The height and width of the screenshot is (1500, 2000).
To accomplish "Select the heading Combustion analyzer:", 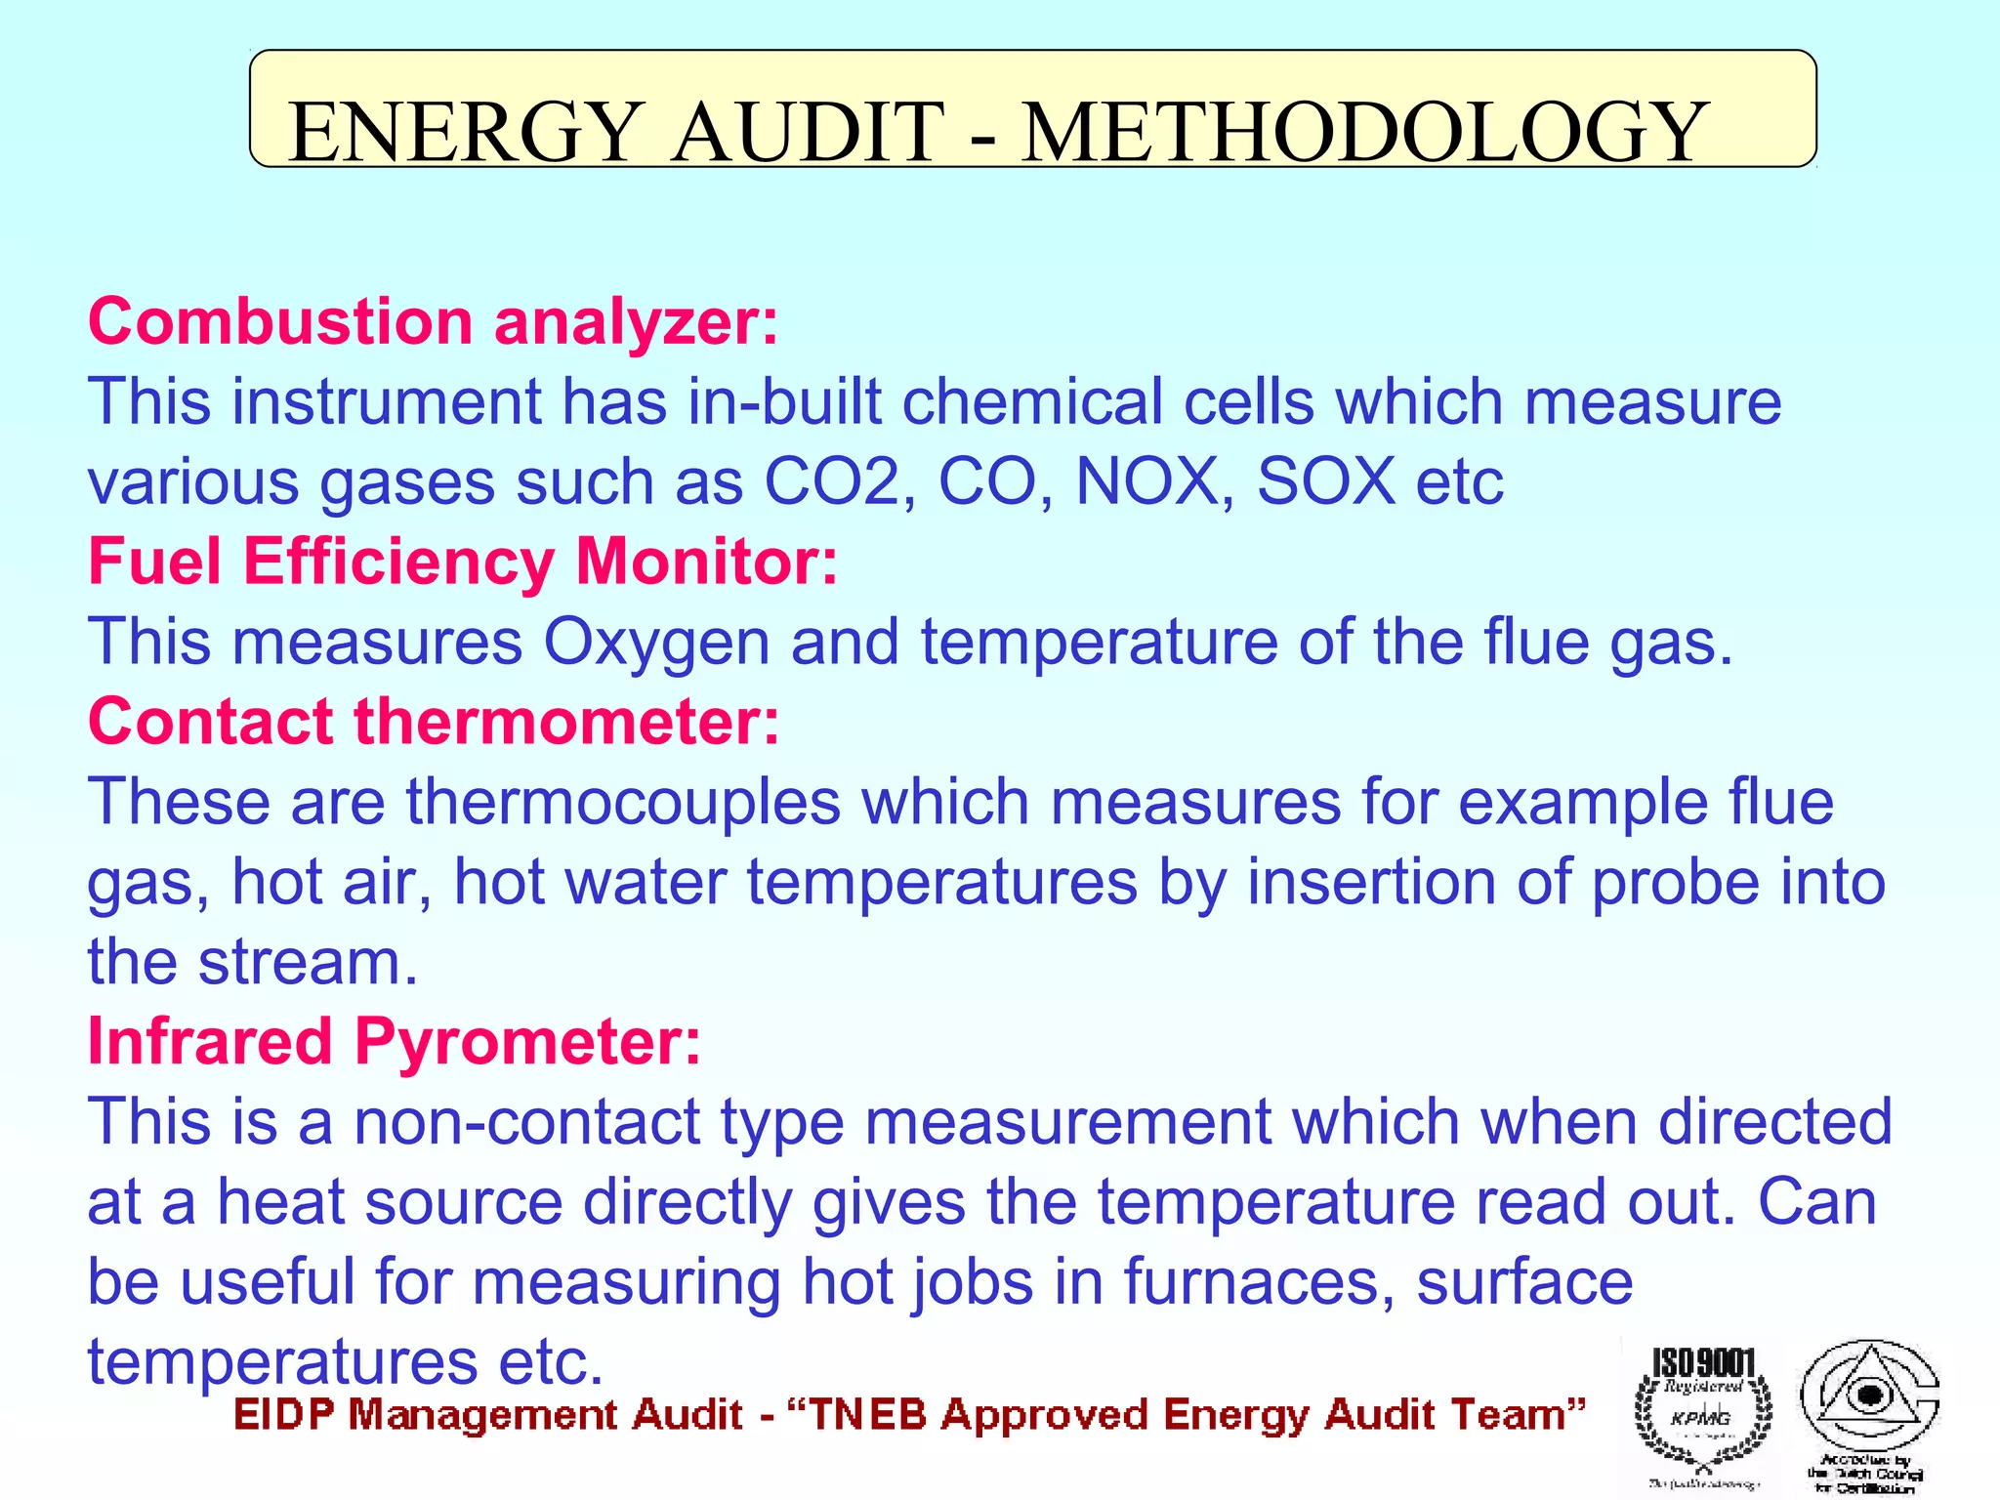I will pos(434,321).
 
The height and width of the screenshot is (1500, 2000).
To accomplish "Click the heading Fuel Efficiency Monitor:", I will pos(463,562).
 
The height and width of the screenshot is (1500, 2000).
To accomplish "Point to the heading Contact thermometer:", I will pos(434,722).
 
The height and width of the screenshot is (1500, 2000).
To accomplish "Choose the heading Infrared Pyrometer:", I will pos(395,1041).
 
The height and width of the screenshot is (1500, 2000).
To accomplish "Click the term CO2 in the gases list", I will pos(830,481).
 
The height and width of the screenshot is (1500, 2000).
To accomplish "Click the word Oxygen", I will pos(656,644).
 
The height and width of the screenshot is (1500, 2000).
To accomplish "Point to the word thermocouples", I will pos(623,802).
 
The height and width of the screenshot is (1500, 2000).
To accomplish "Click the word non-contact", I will pos(526,1122).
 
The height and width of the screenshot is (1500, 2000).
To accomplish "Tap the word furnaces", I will pos(1259,1281).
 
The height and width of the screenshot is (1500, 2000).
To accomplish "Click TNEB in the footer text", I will pos(868,1415).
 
